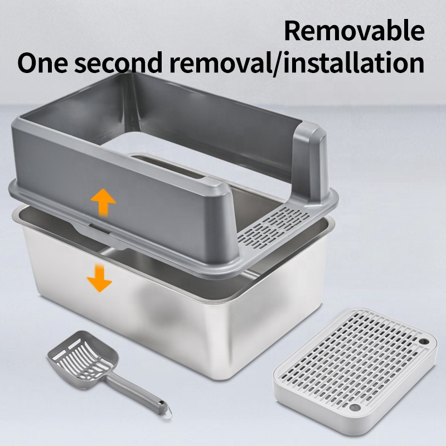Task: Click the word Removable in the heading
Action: tap(354, 31)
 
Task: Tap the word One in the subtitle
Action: tap(43, 62)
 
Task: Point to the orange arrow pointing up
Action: tap(103, 202)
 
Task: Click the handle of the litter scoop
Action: tap(136, 391)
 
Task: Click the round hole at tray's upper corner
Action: tap(424, 341)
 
